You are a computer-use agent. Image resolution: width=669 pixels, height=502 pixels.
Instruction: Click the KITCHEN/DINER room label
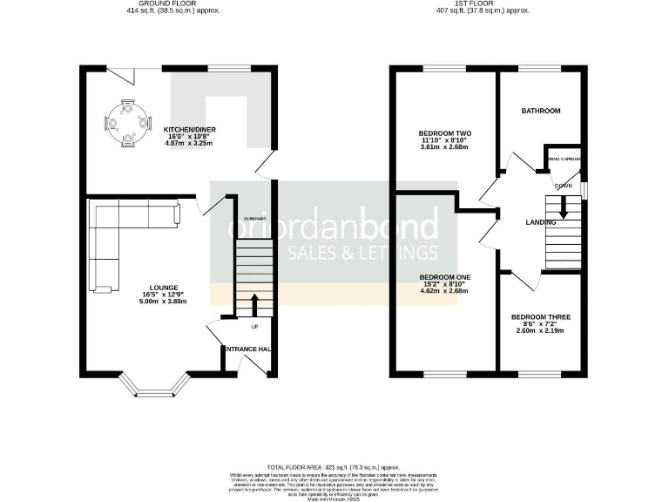pos(190,130)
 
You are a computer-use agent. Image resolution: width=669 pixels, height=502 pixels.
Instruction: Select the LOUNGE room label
pos(164,288)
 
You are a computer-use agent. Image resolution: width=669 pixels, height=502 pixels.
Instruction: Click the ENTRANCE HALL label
pos(247,349)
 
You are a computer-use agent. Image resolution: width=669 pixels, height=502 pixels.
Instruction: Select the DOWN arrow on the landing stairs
pos(564,207)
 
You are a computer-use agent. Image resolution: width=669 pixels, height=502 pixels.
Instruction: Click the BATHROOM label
pos(541,112)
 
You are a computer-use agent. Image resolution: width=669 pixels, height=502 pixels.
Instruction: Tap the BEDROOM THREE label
pos(540,316)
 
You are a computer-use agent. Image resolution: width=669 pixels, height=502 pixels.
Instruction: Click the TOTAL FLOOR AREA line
pos(334,468)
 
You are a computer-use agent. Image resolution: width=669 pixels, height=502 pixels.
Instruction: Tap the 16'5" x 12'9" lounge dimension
pos(164,295)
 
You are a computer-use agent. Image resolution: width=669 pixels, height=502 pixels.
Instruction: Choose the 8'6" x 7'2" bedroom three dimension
pos(540,324)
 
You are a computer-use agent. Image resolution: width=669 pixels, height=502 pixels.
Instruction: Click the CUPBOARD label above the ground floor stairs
pos(254,218)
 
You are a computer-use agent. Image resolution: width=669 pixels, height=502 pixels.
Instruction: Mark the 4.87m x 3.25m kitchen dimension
pos(190,144)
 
